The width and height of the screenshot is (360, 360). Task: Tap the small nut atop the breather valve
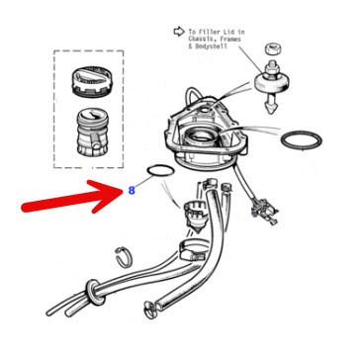pyautogui.click(x=270, y=47)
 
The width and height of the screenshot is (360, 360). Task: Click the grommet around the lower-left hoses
pyautogui.click(x=92, y=292)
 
